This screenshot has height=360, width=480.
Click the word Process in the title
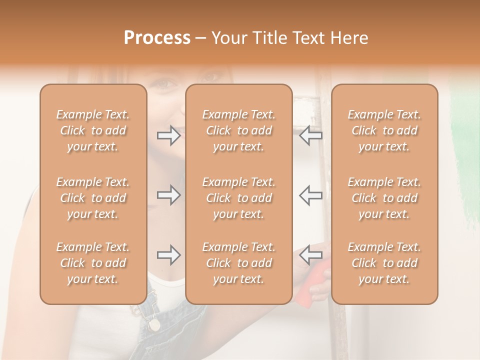point(157,38)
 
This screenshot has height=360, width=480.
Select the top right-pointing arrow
point(169,135)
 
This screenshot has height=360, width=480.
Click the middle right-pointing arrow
point(169,195)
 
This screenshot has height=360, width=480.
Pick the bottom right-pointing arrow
point(169,255)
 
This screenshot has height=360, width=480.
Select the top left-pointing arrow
point(310,135)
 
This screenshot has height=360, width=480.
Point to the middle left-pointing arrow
point(310,195)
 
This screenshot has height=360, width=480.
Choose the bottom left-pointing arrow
point(310,255)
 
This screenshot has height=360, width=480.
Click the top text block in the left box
point(93,130)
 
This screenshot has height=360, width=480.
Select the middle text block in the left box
point(93,198)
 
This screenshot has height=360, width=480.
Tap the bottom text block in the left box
point(93,263)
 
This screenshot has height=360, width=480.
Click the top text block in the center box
point(238,130)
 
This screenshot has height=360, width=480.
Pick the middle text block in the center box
point(238,198)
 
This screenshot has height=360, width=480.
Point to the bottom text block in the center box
point(238,263)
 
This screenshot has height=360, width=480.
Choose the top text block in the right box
point(384,130)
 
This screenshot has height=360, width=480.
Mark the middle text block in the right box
point(384,198)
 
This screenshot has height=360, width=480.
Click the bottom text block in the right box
point(384,263)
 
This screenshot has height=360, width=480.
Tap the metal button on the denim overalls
point(154,324)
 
